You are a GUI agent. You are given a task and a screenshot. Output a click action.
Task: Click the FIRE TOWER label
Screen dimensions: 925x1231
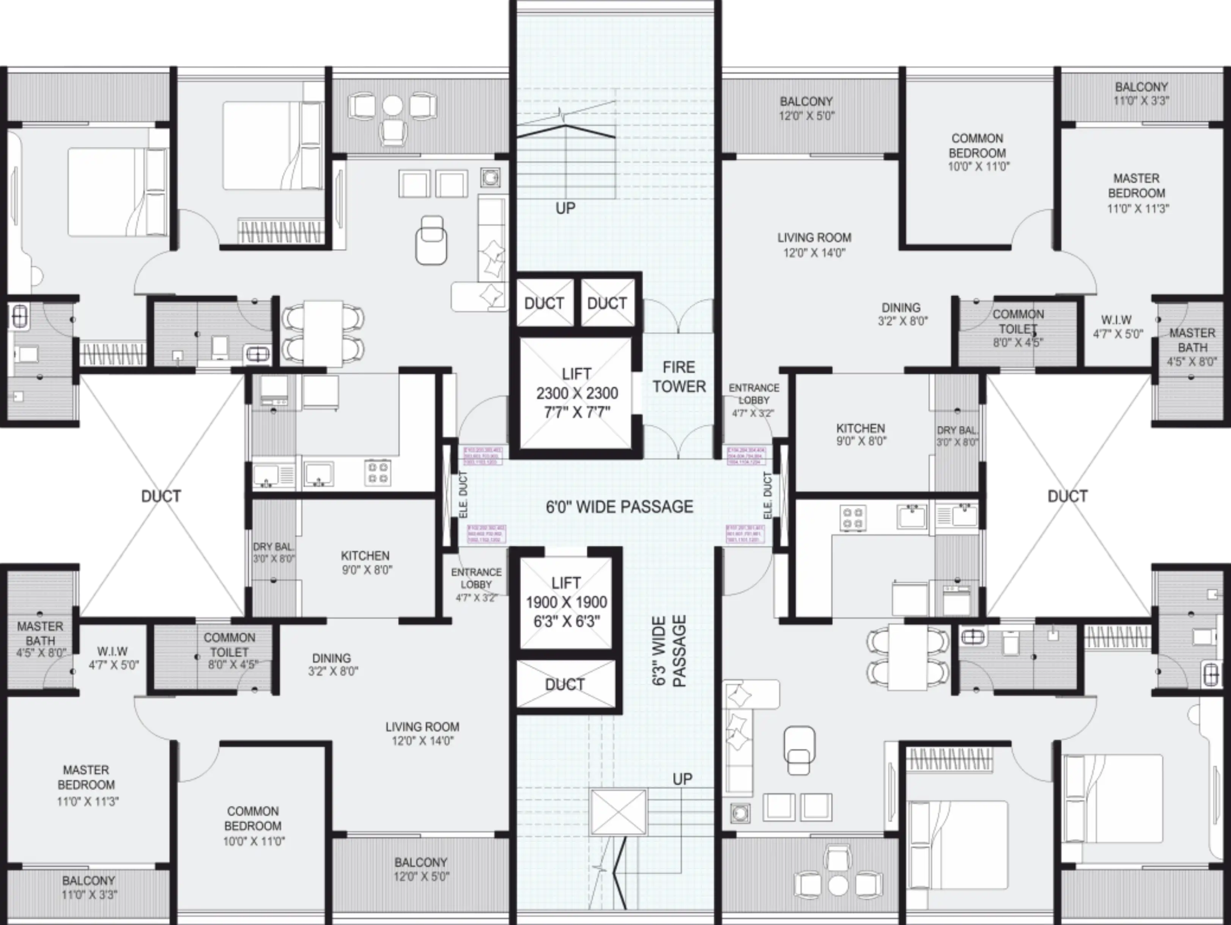679,377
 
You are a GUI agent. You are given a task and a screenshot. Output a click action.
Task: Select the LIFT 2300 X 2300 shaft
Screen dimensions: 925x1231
576,393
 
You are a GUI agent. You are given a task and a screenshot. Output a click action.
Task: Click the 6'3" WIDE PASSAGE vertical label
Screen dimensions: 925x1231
669,651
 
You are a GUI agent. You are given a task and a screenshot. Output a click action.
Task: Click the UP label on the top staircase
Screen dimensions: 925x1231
565,208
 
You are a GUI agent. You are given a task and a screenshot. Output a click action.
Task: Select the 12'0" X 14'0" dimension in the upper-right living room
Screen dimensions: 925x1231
814,253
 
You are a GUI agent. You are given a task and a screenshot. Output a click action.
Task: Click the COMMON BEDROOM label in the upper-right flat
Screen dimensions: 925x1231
977,146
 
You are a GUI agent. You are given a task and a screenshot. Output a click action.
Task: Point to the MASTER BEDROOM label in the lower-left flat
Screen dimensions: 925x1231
86,777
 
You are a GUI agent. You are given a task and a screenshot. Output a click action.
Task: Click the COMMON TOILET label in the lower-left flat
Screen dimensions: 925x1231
229,645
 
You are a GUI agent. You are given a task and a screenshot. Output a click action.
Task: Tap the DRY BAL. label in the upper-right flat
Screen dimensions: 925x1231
957,430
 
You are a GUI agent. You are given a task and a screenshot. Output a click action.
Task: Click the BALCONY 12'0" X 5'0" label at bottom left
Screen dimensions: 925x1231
421,869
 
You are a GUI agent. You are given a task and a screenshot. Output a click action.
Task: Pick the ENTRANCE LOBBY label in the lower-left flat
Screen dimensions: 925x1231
476,578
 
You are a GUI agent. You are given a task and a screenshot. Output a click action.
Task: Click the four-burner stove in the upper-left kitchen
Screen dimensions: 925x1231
378,472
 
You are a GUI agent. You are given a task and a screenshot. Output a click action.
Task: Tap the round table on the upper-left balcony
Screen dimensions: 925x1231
392,106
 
